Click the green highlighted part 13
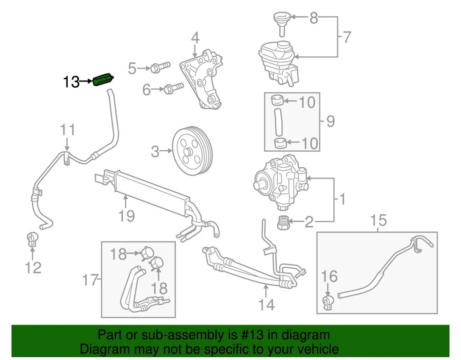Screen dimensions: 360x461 click(103, 80)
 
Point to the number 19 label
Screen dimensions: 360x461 click(126, 215)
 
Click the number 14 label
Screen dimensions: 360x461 click(266, 305)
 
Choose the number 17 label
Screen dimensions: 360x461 click(90, 279)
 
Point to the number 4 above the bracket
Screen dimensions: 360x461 click(195, 38)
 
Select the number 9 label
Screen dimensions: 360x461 click(330, 121)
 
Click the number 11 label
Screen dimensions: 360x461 click(67, 130)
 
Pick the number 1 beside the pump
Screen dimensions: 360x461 click(342, 200)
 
